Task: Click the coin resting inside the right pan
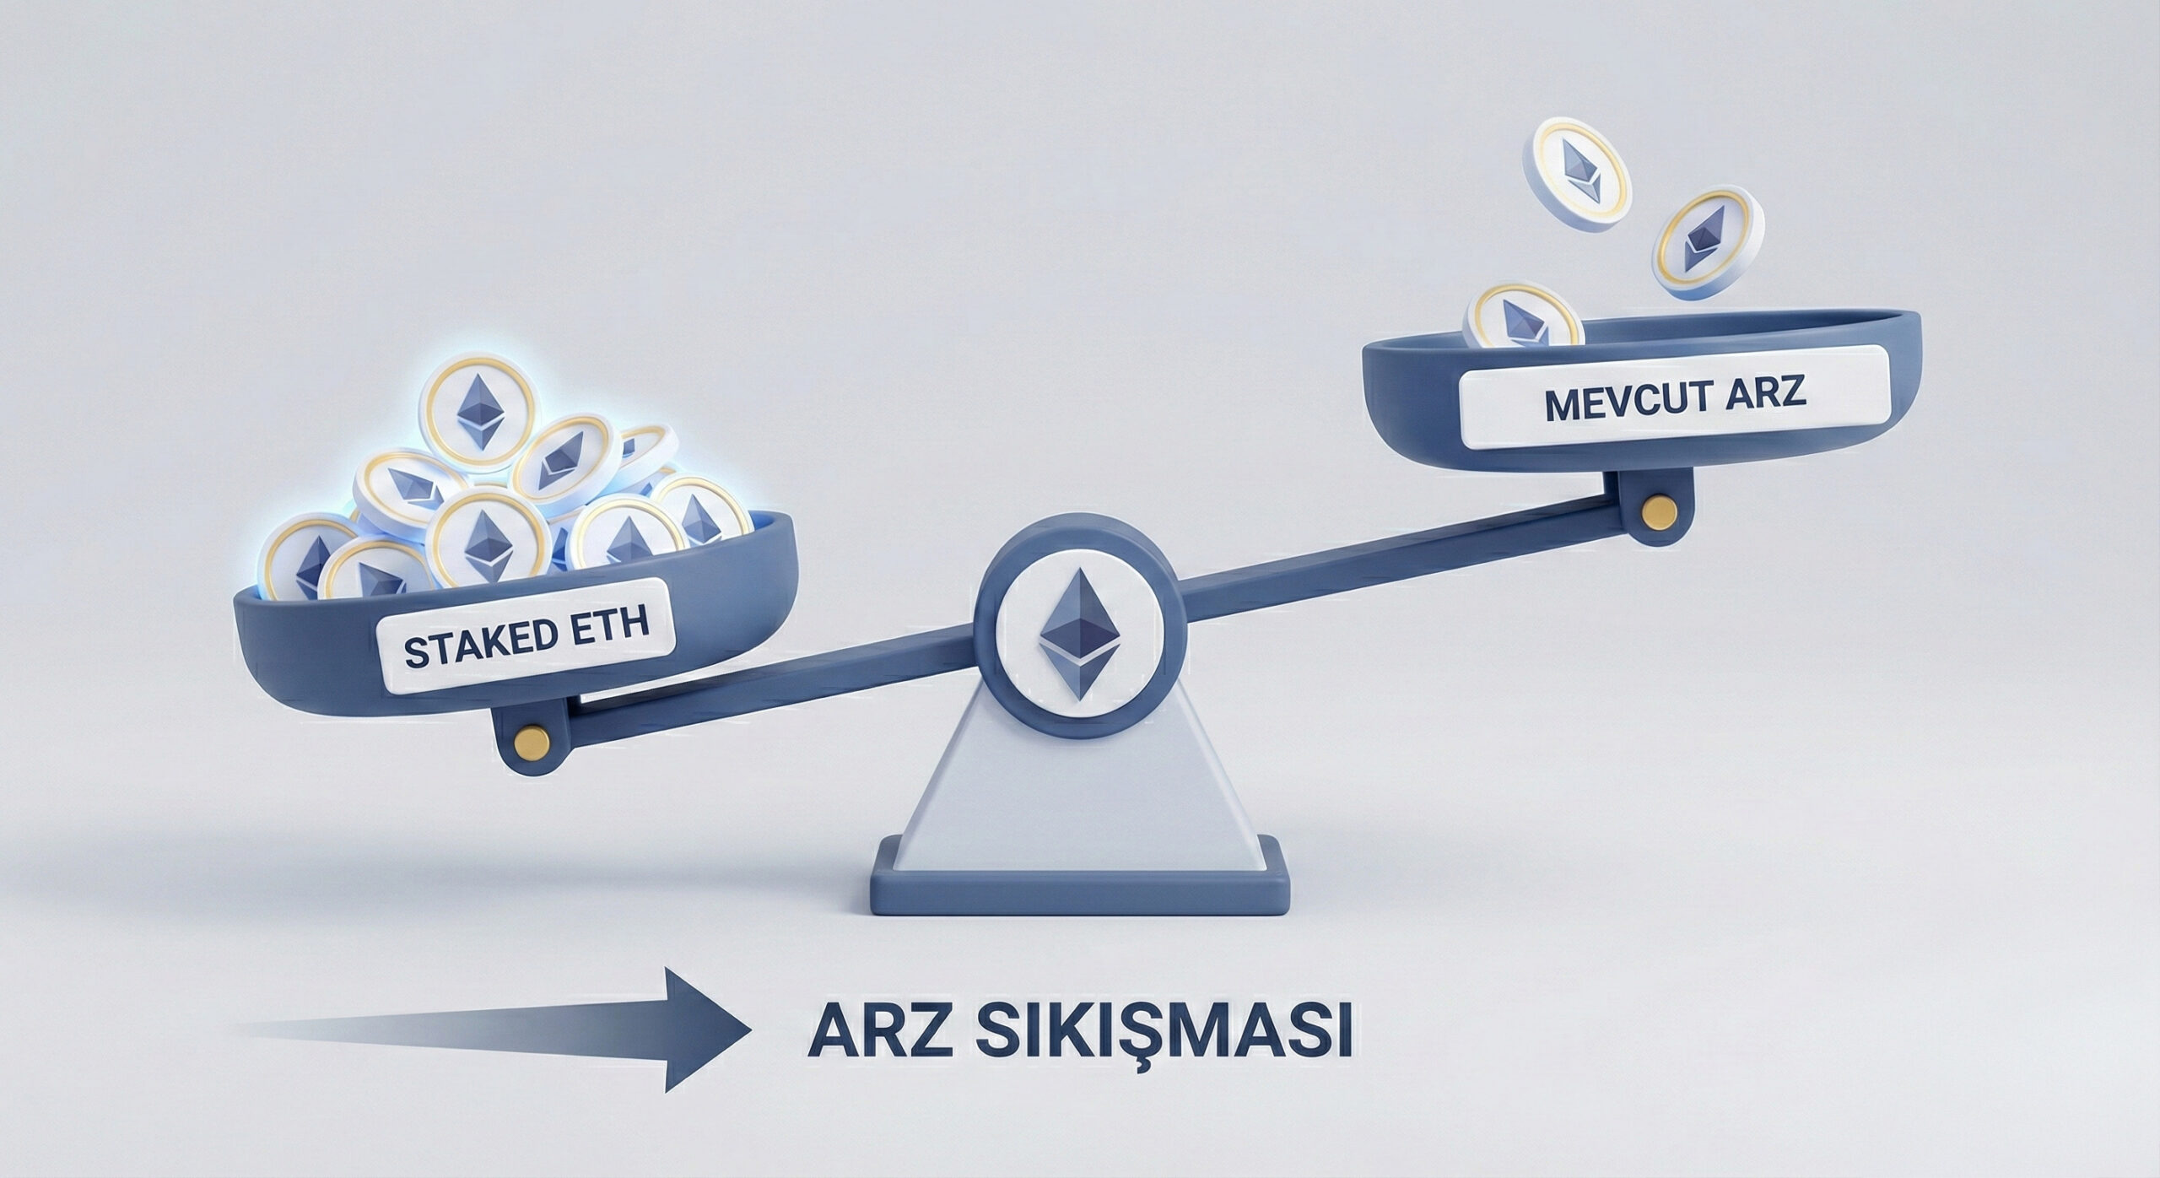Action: click(1523, 316)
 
